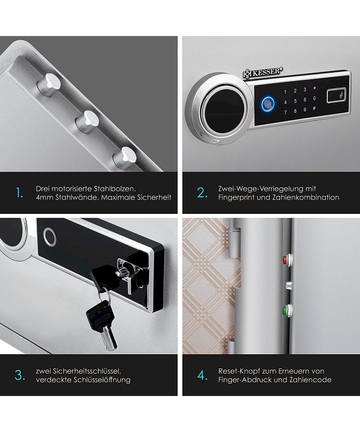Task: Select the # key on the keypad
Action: (x=314, y=108)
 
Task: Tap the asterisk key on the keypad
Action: (x=315, y=88)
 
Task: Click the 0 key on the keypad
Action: (x=314, y=98)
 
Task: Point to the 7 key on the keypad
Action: (x=285, y=112)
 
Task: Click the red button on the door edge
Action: (x=285, y=260)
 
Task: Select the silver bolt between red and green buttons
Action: (x=288, y=285)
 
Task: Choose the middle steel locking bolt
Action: (x=87, y=122)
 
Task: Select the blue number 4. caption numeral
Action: (x=202, y=375)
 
